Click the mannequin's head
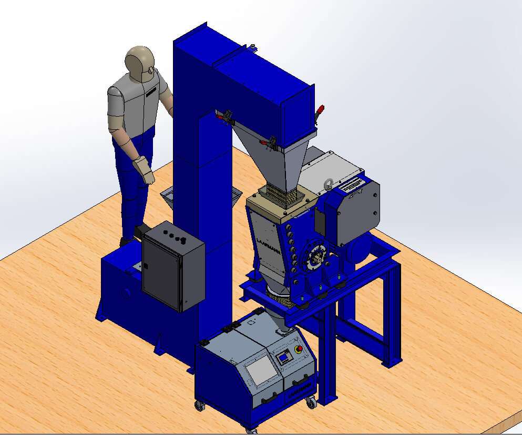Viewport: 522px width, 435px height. [x=139, y=62]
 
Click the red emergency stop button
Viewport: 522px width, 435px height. [x=299, y=349]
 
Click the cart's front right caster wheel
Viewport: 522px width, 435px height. [x=311, y=403]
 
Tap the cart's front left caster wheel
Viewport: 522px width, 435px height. [x=200, y=406]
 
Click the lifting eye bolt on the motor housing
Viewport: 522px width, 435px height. [x=328, y=185]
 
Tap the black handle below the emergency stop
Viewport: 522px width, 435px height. [x=301, y=380]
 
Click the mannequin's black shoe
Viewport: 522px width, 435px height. [x=141, y=230]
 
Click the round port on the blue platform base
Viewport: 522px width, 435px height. [x=126, y=293]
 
